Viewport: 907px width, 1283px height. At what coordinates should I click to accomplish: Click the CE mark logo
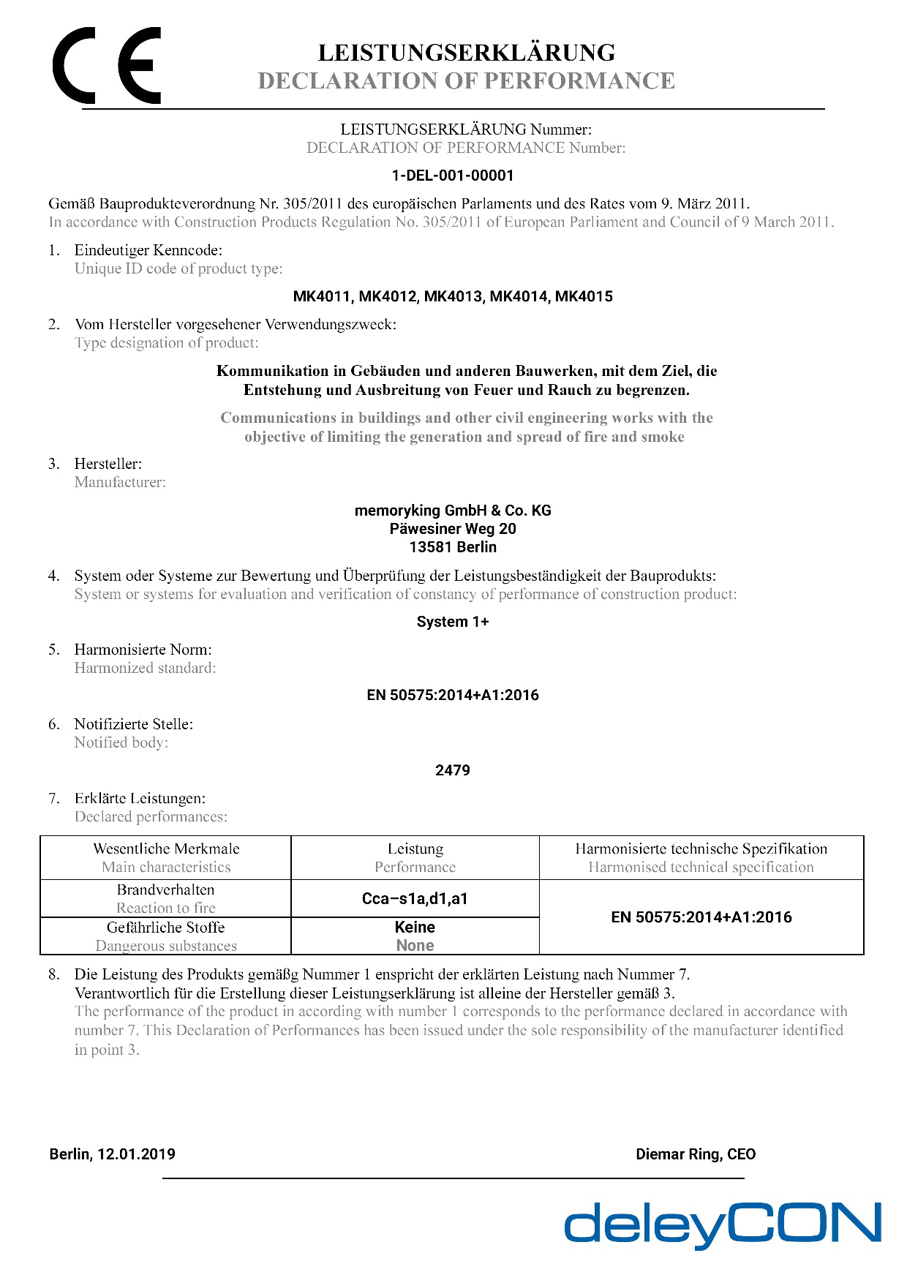pyautogui.click(x=107, y=66)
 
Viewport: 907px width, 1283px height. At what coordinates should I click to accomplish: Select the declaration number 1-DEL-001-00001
pyautogui.click(x=453, y=176)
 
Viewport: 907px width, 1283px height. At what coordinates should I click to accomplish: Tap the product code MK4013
pyautogui.click(x=453, y=296)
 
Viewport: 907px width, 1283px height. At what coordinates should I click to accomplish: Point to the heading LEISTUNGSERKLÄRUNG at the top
pyautogui.click(x=467, y=53)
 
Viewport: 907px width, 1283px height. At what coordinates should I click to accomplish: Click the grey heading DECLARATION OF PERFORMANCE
pyautogui.click(x=467, y=80)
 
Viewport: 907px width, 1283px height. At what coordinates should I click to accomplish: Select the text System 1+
pyautogui.click(x=453, y=622)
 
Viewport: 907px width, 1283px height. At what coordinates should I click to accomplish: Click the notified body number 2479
pyautogui.click(x=453, y=770)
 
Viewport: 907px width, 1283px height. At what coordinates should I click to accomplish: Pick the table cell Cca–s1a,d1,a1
pyautogui.click(x=415, y=899)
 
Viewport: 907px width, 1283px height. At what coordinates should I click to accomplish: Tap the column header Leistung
pyautogui.click(x=415, y=849)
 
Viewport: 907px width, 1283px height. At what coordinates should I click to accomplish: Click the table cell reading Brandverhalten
pyautogui.click(x=166, y=889)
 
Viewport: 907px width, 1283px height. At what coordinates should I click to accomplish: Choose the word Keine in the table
pyautogui.click(x=415, y=927)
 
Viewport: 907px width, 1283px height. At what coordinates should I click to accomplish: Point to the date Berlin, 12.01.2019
pyautogui.click(x=113, y=1154)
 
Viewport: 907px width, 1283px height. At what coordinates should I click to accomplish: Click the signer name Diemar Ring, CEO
pyautogui.click(x=696, y=1154)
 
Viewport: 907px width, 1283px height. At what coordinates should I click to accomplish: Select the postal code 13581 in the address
pyautogui.click(x=432, y=547)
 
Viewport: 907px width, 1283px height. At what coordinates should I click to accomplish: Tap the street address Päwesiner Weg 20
pyautogui.click(x=453, y=529)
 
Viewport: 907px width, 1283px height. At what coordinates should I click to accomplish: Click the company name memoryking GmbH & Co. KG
pyautogui.click(x=453, y=511)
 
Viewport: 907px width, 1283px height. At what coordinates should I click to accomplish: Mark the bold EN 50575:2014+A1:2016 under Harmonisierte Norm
pyautogui.click(x=453, y=695)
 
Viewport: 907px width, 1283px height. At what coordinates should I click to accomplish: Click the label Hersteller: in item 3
pyautogui.click(x=108, y=464)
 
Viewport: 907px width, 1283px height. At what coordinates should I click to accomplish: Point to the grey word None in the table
pyautogui.click(x=415, y=945)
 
